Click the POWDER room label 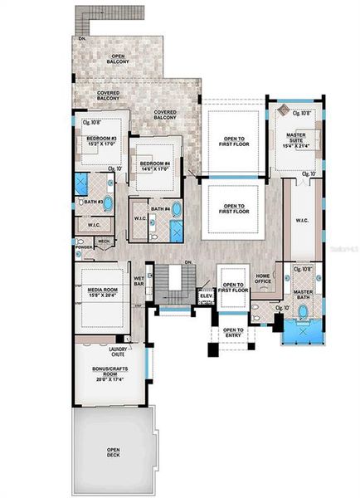[83, 247]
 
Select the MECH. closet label [104, 242]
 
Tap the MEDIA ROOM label [104, 290]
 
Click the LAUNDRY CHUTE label [119, 351]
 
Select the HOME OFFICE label [264, 280]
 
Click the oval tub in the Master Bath [303, 314]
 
